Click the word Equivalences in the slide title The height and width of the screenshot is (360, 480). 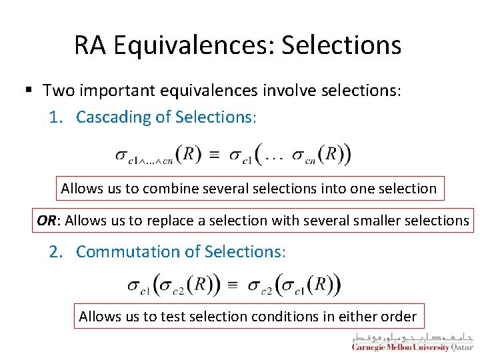coord(193,45)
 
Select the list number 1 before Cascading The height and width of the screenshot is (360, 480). coord(56,117)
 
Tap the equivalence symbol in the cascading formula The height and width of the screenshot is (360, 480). coord(214,155)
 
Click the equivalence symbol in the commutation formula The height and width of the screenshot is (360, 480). coord(233,285)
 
